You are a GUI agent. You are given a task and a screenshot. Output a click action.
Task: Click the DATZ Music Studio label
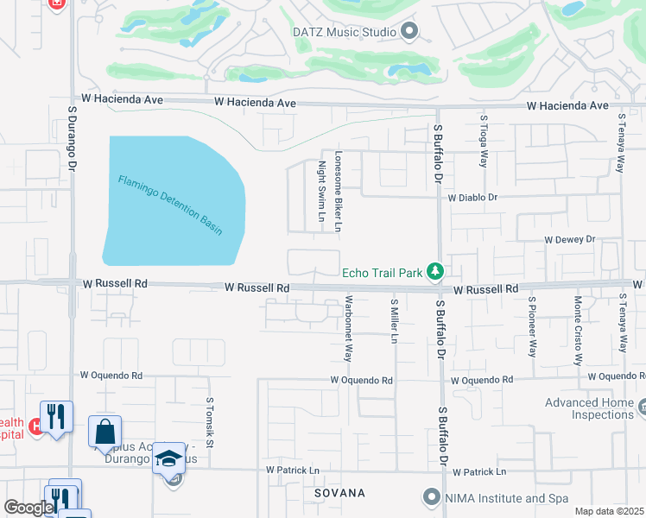coord(344,32)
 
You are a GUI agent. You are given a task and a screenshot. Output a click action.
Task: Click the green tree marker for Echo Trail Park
coord(436,272)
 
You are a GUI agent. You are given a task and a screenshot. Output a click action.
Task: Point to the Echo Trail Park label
coord(382,273)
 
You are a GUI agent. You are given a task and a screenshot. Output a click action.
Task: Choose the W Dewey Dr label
coord(569,239)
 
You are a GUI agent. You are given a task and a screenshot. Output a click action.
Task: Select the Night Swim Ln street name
coord(320,189)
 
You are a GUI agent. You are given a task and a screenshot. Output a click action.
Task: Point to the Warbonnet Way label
coord(349,328)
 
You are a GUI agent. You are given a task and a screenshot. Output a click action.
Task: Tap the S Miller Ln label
coord(394,322)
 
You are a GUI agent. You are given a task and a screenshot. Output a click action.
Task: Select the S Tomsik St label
coord(209,421)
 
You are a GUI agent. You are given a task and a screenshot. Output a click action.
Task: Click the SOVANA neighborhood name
coord(339,493)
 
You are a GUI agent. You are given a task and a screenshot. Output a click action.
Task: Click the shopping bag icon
coord(104,432)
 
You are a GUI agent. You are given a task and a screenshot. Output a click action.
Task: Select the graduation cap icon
coord(169,457)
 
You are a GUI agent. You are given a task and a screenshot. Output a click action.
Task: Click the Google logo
coord(29,508)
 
